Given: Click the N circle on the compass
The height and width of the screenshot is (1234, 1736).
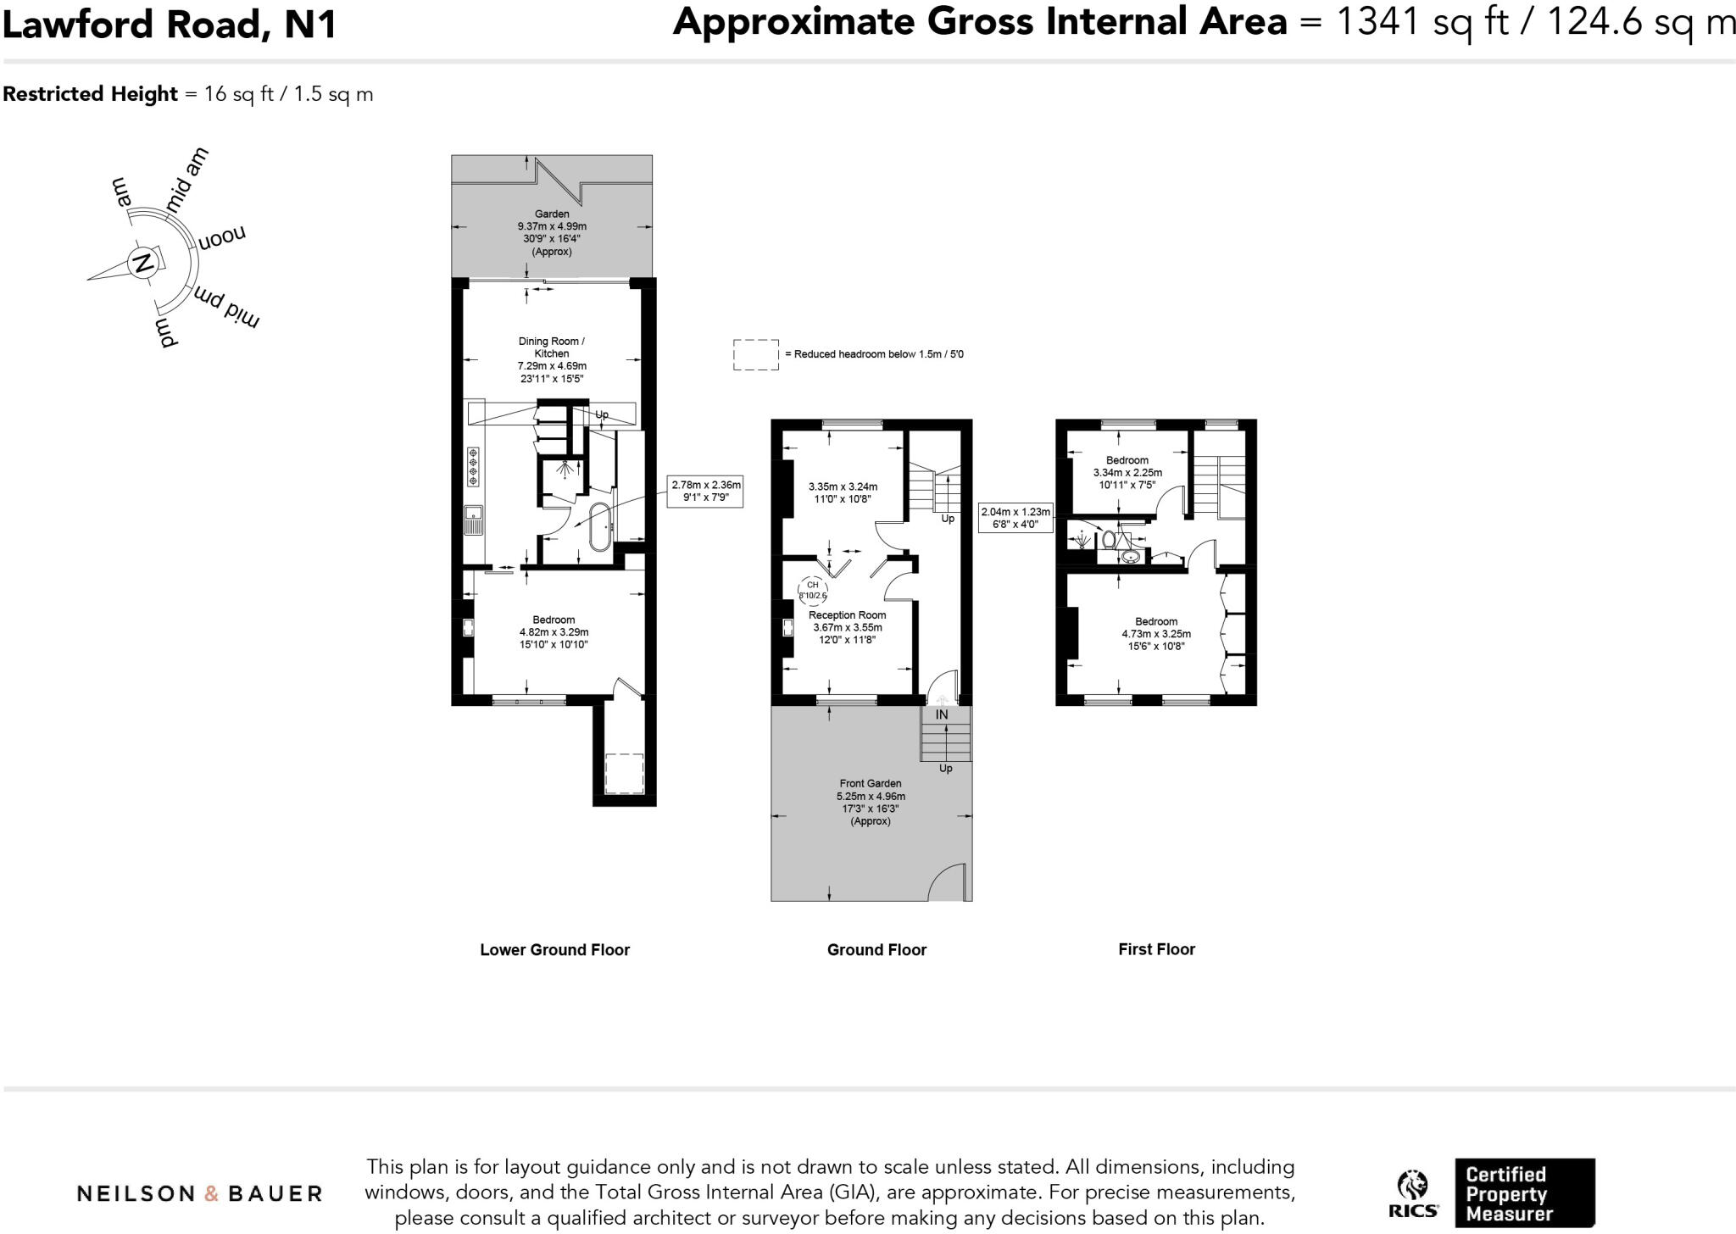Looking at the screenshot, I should (x=143, y=263).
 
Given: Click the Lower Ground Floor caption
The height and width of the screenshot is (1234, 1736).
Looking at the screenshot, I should (x=554, y=950).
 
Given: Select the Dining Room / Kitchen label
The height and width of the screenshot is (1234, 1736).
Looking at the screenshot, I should (x=552, y=347).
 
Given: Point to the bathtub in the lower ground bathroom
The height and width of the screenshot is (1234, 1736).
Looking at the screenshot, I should (x=599, y=526).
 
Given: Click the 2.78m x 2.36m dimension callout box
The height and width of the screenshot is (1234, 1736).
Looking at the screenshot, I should (x=705, y=491).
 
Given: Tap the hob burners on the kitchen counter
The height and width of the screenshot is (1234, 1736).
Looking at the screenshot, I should (x=472, y=467).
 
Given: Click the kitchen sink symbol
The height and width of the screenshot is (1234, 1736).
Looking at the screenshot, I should (x=472, y=519).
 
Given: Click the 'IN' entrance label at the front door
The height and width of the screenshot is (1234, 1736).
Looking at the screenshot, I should (x=941, y=714).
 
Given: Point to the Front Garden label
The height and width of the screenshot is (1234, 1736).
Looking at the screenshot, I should (x=870, y=784).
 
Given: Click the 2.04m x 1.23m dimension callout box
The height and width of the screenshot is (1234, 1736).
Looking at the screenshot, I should (x=1015, y=518).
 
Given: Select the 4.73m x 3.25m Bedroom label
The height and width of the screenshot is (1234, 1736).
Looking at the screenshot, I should (x=1155, y=634).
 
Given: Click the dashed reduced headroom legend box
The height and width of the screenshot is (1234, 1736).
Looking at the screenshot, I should (x=755, y=354).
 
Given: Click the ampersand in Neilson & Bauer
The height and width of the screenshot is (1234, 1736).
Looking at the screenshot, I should (x=211, y=1194).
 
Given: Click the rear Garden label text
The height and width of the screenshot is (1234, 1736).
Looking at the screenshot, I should (x=551, y=214).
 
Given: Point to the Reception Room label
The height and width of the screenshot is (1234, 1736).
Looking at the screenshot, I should (x=847, y=615).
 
